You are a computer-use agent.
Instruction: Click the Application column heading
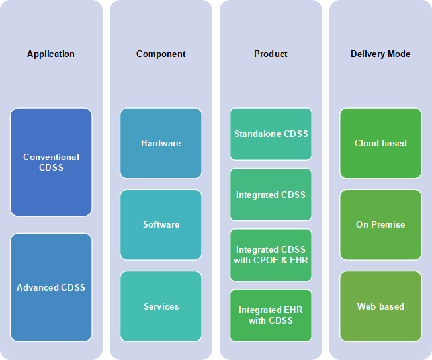tap(51, 54)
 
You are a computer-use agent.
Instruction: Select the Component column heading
tap(161, 54)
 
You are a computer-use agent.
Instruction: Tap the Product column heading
tap(271, 54)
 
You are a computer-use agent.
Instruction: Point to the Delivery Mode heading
tap(380, 54)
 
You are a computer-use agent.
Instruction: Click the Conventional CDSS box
tap(51, 162)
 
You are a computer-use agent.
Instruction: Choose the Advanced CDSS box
tap(51, 287)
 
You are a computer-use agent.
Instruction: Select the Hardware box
tap(161, 143)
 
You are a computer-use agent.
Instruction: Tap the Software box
tap(161, 224)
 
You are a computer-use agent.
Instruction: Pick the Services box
tap(161, 306)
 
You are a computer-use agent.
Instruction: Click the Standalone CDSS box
tap(271, 134)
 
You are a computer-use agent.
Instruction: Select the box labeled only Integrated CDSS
tap(271, 195)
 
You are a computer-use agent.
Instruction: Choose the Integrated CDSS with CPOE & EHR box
tap(271, 255)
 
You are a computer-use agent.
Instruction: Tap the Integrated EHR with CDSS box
tap(271, 316)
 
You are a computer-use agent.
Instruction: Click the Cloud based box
tap(381, 143)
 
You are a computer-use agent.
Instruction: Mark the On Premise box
tap(381, 224)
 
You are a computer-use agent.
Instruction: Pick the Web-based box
tap(381, 306)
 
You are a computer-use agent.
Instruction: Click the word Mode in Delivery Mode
tap(399, 54)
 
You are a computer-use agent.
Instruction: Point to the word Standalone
tap(257, 134)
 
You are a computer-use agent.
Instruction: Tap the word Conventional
tap(51, 157)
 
